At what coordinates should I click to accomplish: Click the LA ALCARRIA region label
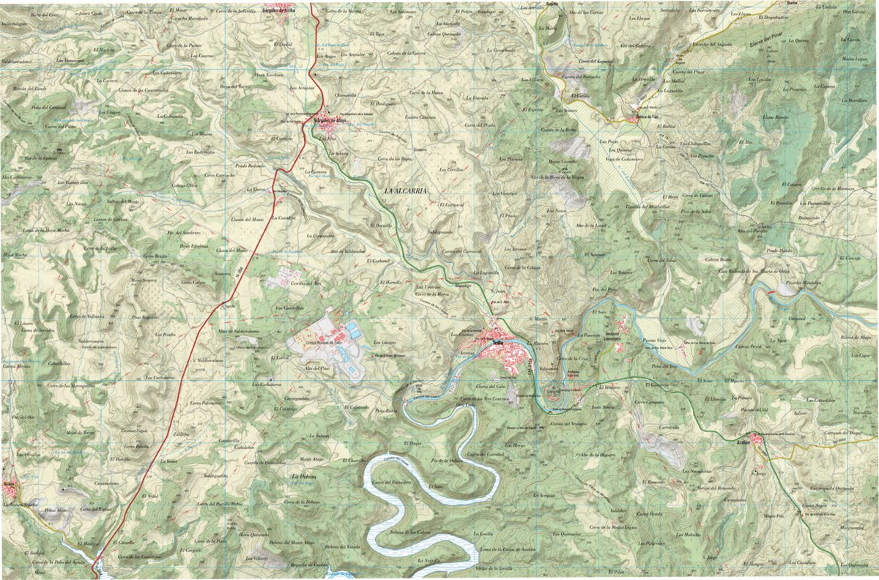click(405, 191)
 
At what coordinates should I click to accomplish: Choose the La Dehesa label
click(303, 477)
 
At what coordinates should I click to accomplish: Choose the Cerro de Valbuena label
click(87, 316)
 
